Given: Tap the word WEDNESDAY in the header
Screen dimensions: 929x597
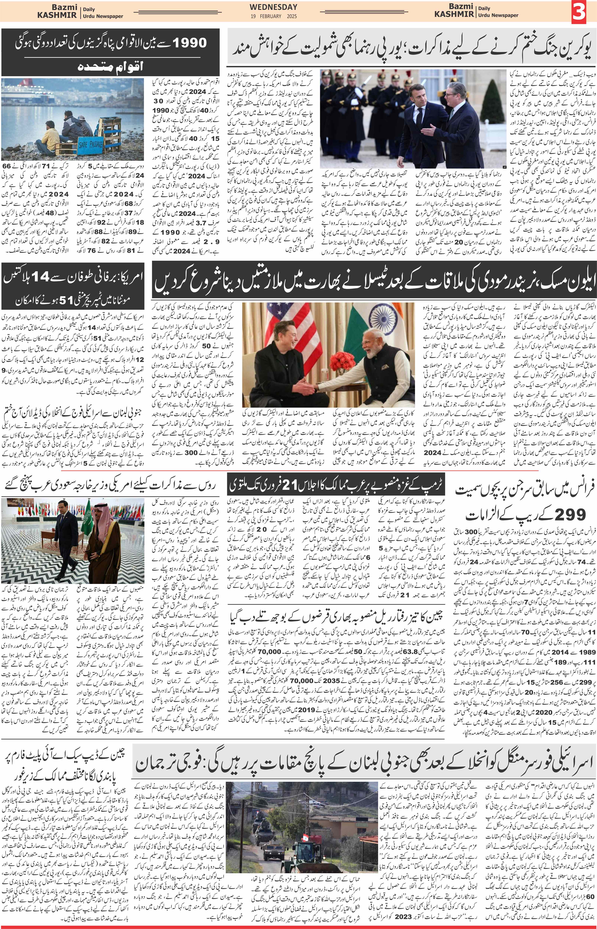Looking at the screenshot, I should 273,7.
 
